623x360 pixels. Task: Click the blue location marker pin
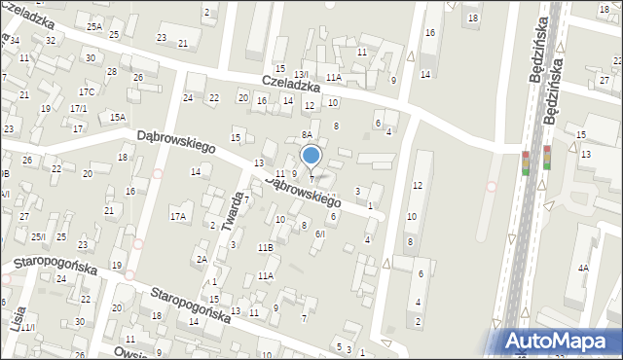click(x=311, y=156)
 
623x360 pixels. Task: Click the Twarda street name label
click(x=232, y=206)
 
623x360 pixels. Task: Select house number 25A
click(x=94, y=26)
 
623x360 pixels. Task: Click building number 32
click(x=51, y=41)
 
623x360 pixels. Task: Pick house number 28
click(x=112, y=72)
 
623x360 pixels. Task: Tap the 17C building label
click(x=87, y=91)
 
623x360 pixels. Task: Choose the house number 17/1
click(x=79, y=108)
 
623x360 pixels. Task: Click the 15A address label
click(x=118, y=117)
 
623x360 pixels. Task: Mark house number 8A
click(x=306, y=135)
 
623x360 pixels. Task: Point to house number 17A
click(x=178, y=216)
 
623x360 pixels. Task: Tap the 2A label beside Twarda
click(x=202, y=259)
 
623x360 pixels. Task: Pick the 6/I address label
click(x=319, y=234)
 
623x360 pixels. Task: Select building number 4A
click(x=583, y=267)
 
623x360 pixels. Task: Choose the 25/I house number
click(x=38, y=236)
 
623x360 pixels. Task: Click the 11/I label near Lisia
click(x=26, y=328)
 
